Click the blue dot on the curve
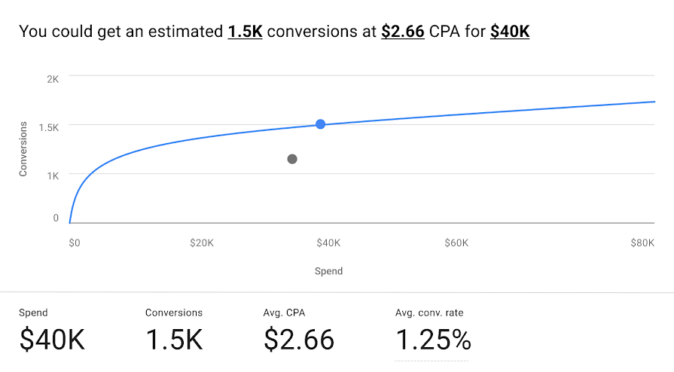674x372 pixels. click(x=321, y=124)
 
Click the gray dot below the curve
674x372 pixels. click(x=292, y=159)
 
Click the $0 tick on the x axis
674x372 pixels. click(x=74, y=243)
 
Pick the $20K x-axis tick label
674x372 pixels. click(x=202, y=243)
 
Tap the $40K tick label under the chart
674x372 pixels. click(x=328, y=243)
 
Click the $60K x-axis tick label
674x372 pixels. click(x=456, y=243)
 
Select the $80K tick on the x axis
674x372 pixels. click(x=642, y=243)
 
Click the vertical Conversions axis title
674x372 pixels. click(x=23, y=148)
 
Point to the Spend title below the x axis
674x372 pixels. click(x=328, y=271)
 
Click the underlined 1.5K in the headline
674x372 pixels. click(x=245, y=32)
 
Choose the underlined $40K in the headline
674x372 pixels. click(x=510, y=32)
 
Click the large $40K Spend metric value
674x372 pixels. click(x=52, y=340)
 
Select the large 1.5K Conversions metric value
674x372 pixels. click(x=174, y=340)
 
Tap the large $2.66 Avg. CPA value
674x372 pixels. click(x=299, y=340)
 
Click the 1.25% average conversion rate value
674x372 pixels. click(x=433, y=340)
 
